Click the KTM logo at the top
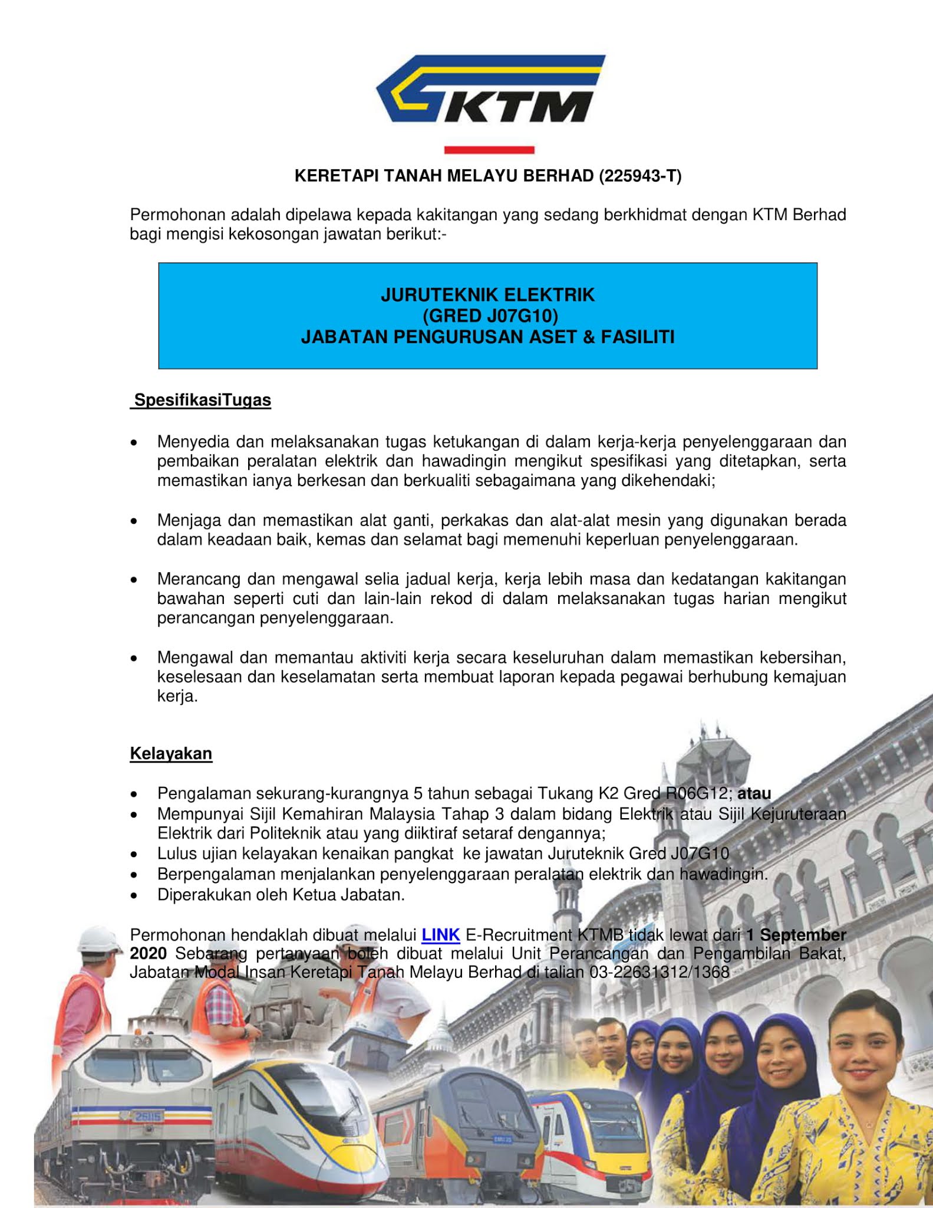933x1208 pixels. click(x=490, y=89)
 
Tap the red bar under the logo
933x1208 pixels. click(x=489, y=150)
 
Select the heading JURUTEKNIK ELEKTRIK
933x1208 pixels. click(x=487, y=295)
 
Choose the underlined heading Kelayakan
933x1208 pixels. click(x=171, y=754)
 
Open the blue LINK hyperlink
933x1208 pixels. click(x=441, y=935)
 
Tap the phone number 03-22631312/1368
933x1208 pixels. click(x=660, y=972)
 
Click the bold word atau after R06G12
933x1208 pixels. click(x=754, y=794)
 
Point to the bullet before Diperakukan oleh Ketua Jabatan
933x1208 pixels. click(x=135, y=896)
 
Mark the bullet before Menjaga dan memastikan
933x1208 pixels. click(x=135, y=521)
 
